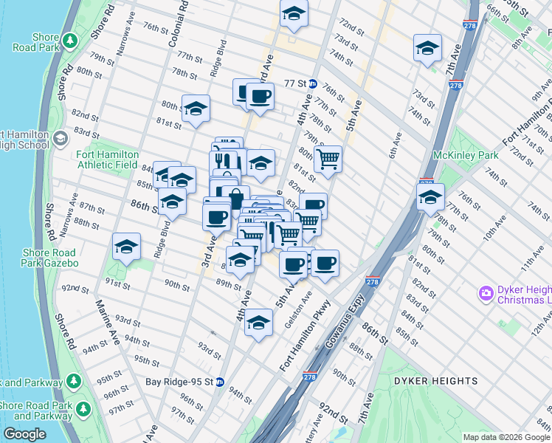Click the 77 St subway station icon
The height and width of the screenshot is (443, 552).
pos(313,84)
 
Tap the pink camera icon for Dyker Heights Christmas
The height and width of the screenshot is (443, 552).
pos(486,293)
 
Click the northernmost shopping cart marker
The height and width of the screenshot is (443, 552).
pos(328,157)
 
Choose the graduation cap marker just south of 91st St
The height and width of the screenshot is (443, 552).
pos(126,247)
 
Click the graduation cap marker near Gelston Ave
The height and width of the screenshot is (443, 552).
pos(258,323)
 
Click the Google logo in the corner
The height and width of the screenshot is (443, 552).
pos(24,434)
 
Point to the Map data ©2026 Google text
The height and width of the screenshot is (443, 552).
pos(506,437)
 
